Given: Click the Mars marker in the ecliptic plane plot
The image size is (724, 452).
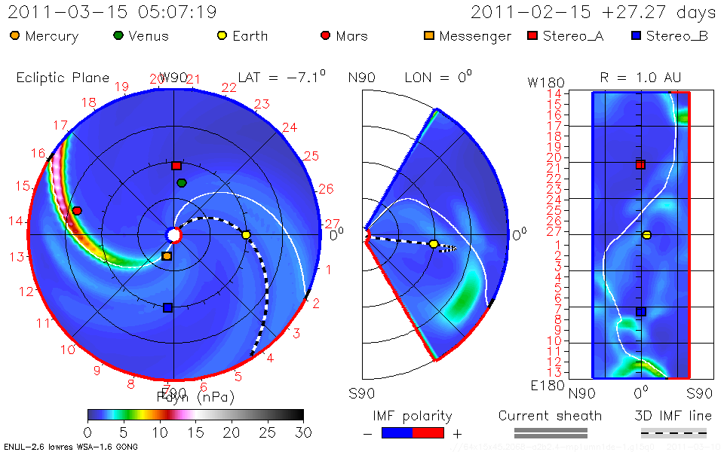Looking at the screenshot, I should coord(76,210).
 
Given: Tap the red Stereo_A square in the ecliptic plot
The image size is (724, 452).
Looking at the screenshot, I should coord(176,166).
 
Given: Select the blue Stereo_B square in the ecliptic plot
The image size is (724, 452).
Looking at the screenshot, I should coord(168,307).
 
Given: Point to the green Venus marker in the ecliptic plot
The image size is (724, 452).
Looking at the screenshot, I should coord(182,183).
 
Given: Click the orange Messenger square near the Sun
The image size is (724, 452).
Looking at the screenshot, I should coord(167,256).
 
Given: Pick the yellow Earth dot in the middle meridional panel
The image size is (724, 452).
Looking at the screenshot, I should coord(434,244).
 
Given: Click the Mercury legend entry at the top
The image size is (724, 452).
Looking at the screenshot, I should coord(44,36).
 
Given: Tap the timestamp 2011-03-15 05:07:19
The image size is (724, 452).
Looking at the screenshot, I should coord(112,13).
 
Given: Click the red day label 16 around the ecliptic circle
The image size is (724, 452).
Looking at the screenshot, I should coord(38,153).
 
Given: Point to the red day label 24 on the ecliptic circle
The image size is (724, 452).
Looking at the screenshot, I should coord(290,128).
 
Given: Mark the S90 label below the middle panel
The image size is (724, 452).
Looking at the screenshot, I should coord(361,393).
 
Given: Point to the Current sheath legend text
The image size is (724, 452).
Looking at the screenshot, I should coord(550,416).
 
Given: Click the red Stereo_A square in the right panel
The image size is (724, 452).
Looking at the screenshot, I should coord(640,164).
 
